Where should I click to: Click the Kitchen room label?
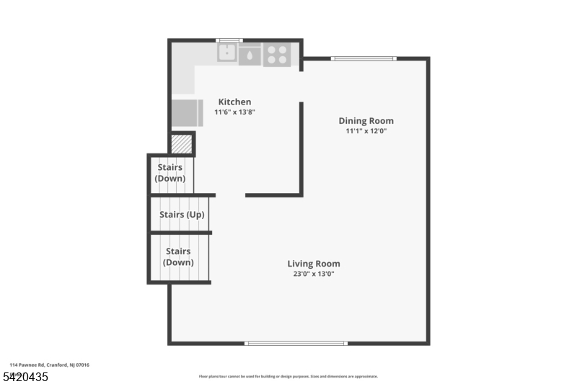[234, 102]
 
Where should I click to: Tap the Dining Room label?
[366, 120]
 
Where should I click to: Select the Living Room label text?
[314, 264]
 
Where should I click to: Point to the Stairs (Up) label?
[182, 215]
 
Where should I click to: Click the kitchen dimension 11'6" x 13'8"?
[234, 112]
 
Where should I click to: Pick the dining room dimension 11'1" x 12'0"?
[366, 130]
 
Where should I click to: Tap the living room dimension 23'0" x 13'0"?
[314, 274]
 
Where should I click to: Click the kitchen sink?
[228, 53]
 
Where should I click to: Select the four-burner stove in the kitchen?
[276, 53]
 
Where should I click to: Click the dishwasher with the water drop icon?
[250, 55]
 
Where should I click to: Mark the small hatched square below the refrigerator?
[181, 144]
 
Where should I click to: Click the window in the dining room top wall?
[364, 58]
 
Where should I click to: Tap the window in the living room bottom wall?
[296, 343]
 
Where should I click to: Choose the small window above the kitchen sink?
[229, 40]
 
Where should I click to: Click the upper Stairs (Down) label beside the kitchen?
[171, 173]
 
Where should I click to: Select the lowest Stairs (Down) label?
[178, 256]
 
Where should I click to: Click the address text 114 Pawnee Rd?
[50, 365]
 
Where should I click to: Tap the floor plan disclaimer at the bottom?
[288, 376]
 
